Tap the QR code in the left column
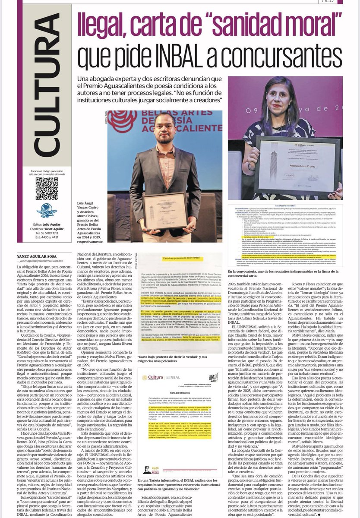click(x=46, y=188)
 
